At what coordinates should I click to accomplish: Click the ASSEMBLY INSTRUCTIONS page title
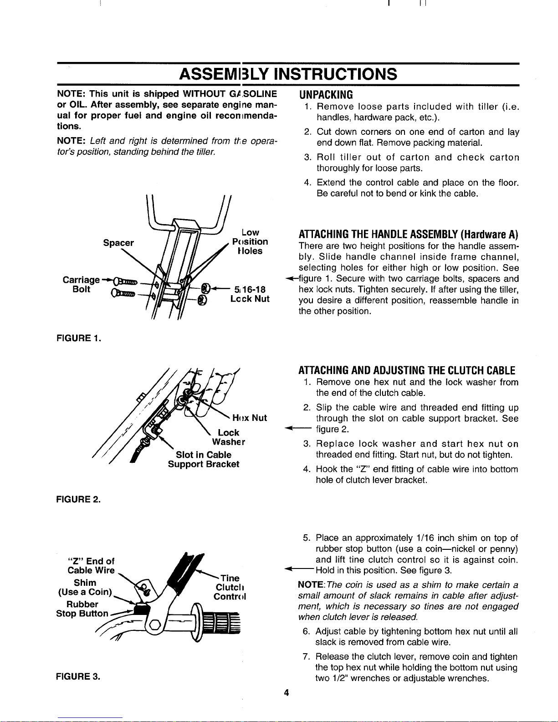pyautogui.click(x=288, y=73)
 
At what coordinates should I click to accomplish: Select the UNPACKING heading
pyautogui.click(x=326, y=95)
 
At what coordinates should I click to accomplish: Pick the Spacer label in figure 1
pyautogui.click(x=118, y=243)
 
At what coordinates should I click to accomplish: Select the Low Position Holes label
pyautogui.click(x=250, y=242)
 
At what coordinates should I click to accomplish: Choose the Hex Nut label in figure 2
pyautogui.click(x=249, y=418)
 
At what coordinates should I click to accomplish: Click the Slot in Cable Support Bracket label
pyautogui.click(x=204, y=460)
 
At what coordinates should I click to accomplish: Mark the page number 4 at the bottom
pyautogui.click(x=287, y=693)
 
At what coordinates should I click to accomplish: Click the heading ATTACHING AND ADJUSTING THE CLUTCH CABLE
pyautogui.click(x=407, y=370)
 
